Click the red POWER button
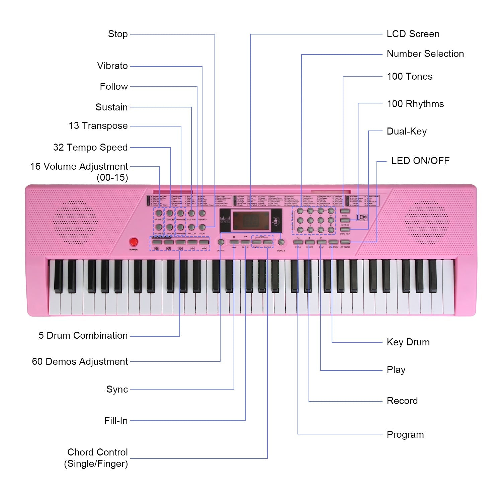(x=134, y=242)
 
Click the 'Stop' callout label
(x=118, y=34)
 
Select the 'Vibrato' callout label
(x=112, y=66)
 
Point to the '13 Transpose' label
(x=98, y=126)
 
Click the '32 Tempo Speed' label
(x=90, y=147)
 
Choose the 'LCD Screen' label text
(x=413, y=34)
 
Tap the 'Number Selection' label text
(x=425, y=54)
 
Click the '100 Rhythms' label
(x=415, y=104)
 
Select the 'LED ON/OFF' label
(x=420, y=161)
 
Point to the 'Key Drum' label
(x=408, y=342)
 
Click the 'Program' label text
(x=405, y=435)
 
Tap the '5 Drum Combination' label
(x=83, y=336)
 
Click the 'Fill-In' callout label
(x=116, y=421)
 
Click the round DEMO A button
(x=221, y=242)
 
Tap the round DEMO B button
(x=281, y=242)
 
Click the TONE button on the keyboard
(x=345, y=211)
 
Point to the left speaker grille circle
(x=75, y=222)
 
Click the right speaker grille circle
(x=427, y=222)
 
